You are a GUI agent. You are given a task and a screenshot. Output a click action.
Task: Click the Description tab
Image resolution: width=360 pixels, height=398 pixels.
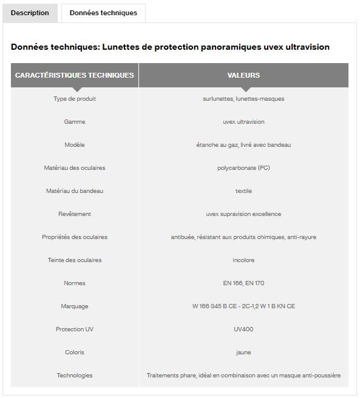(30, 13)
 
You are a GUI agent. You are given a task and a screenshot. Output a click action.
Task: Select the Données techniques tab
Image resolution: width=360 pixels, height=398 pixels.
(103, 13)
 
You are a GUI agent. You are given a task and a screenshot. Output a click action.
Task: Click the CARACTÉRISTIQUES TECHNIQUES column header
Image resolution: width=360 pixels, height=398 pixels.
(75, 75)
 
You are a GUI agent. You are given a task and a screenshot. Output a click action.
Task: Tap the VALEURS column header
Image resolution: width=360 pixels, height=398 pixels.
(243, 75)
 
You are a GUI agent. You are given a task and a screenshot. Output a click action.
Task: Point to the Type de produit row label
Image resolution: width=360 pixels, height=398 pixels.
(75, 99)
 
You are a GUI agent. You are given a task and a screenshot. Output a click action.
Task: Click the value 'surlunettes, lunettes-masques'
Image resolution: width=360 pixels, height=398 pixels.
(243, 99)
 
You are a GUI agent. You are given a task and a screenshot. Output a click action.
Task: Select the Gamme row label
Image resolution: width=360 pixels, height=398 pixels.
(75, 122)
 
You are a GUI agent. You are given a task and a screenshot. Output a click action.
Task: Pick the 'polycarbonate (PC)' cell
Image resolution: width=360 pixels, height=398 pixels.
(243, 168)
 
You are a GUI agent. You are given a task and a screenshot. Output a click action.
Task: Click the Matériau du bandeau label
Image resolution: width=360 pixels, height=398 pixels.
(75, 191)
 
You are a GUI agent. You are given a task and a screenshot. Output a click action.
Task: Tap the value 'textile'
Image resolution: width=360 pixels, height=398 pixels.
(243, 191)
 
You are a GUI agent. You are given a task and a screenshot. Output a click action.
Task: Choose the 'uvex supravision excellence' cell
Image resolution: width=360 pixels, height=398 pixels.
(243, 214)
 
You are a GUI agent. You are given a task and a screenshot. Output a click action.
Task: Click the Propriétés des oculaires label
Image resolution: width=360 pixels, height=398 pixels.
(75, 237)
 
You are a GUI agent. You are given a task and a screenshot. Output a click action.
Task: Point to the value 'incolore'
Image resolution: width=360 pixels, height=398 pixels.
(243, 260)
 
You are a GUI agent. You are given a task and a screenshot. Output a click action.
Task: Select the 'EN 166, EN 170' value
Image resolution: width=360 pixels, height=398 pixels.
(243, 283)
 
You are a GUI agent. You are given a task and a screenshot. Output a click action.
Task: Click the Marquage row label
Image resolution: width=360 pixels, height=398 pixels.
(75, 306)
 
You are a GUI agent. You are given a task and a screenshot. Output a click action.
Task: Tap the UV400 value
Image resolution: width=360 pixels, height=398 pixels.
(243, 329)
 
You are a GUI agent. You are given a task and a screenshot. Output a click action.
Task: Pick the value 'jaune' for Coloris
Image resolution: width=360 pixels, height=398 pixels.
(243, 352)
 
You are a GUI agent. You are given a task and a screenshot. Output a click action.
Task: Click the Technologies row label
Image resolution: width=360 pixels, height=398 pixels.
(75, 376)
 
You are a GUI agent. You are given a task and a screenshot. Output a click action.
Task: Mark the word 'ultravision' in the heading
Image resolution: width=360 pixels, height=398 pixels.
(305, 47)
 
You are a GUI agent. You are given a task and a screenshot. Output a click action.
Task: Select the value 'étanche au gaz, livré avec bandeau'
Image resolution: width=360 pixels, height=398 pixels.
(243, 145)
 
